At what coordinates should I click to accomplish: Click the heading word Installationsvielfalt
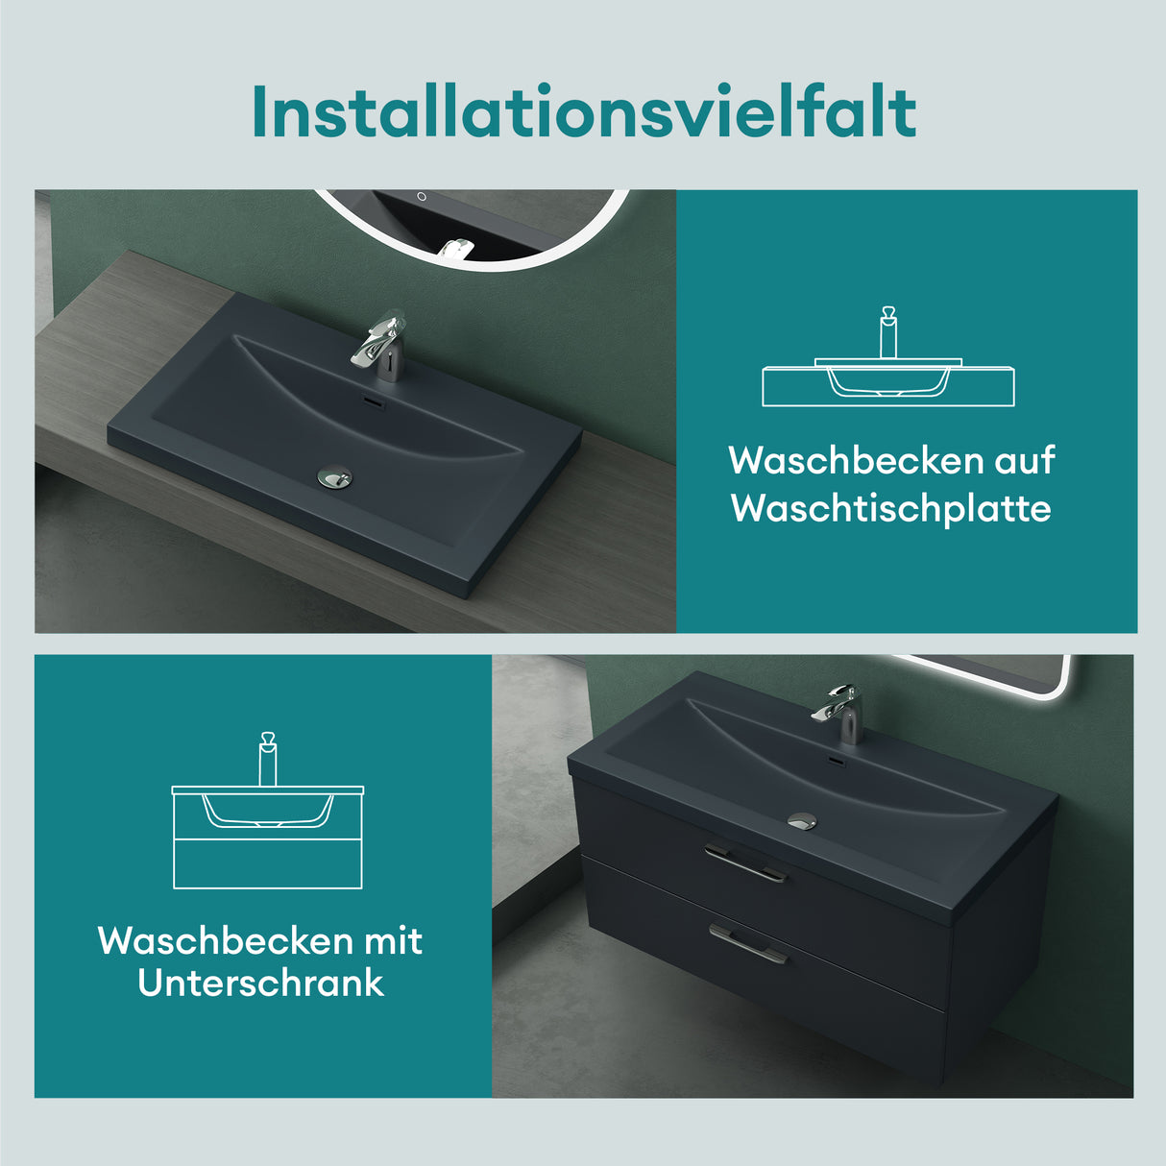coord(583,112)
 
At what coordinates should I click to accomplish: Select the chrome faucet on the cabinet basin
coord(838,713)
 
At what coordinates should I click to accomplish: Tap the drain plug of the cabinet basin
coord(802,820)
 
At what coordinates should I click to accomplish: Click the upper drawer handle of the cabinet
coord(745,862)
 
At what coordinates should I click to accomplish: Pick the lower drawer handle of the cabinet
coord(748,942)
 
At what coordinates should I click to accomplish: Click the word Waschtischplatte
coord(890,508)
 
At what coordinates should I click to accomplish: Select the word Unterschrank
coord(260,984)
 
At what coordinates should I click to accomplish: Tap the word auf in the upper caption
coord(1024,461)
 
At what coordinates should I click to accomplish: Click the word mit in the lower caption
coord(392,941)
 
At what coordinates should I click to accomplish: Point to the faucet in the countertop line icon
coord(888,332)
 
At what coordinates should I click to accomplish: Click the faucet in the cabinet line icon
coord(268,759)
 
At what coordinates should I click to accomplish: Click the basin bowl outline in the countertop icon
coord(888,382)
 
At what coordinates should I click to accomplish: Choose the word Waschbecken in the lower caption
coord(226,941)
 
